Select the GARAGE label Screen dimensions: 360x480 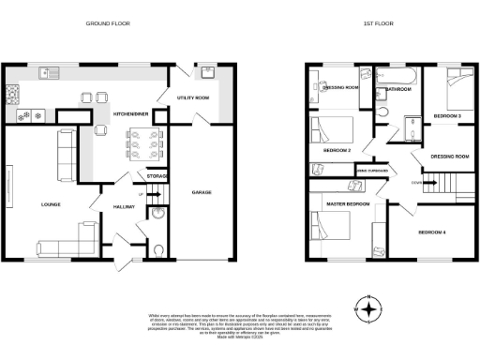(x=202, y=191)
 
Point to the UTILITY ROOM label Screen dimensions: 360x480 (x=198, y=97)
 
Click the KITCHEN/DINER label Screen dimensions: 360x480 (x=132, y=112)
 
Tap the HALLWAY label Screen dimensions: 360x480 (x=123, y=204)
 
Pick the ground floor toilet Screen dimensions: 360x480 (x=157, y=249)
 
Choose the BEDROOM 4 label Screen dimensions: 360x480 (x=432, y=231)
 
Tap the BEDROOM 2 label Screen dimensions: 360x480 (x=337, y=150)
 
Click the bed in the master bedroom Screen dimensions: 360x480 (x=335, y=227)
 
